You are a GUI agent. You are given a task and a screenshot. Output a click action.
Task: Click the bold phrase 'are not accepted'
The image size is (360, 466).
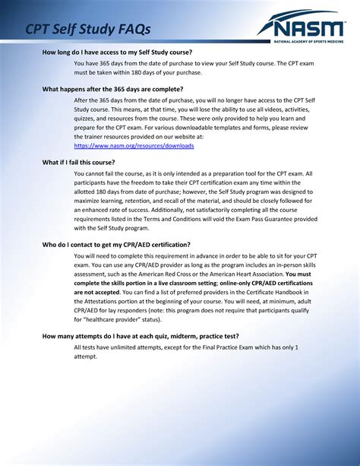click(x=103, y=291)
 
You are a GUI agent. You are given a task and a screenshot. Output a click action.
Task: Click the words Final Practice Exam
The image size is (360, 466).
click(x=224, y=347)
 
